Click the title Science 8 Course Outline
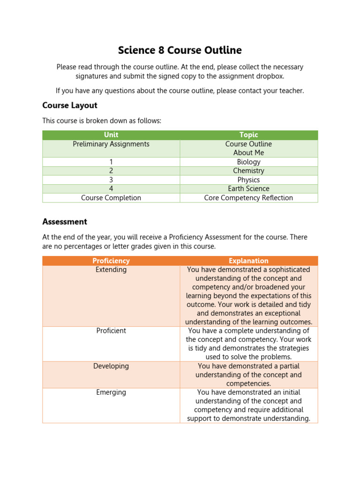click(x=180, y=50)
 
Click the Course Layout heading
click(x=70, y=105)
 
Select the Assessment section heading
click(x=65, y=222)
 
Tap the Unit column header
click(x=111, y=135)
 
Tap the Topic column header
click(x=248, y=135)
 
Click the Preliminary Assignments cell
click(x=111, y=144)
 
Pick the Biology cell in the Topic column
click(x=248, y=162)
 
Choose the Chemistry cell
click(x=248, y=171)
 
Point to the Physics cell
click(x=248, y=180)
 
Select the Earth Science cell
click(x=248, y=189)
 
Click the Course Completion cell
click(x=111, y=198)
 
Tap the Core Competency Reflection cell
click(x=248, y=198)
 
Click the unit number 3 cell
click(x=111, y=180)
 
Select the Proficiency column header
click(x=111, y=261)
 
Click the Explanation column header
click(x=248, y=261)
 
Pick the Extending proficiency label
click(x=111, y=270)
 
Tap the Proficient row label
click(x=111, y=331)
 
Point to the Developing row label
click(x=111, y=366)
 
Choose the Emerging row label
click(x=111, y=392)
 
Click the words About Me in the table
click(x=248, y=153)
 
